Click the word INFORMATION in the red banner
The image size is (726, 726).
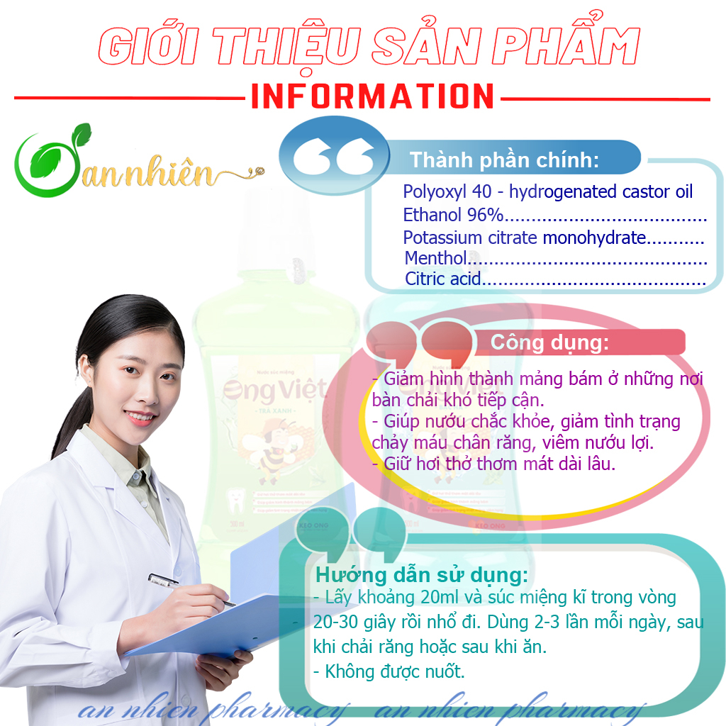[x=372, y=96]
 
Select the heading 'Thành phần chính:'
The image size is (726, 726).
[x=503, y=160]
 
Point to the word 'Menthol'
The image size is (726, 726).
[x=435, y=258]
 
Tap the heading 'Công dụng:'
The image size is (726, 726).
[x=549, y=343]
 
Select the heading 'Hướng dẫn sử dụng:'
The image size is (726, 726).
[x=422, y=574]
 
